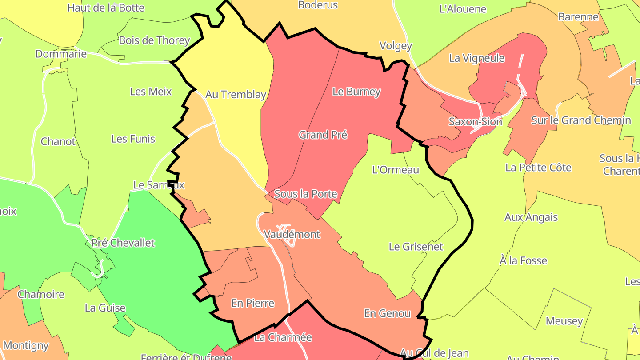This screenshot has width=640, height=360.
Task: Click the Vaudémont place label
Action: (292, 234)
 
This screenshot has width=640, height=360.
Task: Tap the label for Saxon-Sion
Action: (475, 121)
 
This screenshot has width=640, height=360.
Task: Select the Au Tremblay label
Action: (236, 95)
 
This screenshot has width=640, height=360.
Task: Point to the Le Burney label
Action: (356, 92)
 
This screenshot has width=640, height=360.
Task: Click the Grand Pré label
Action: (323, 135)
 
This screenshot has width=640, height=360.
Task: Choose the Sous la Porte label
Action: (306, 194)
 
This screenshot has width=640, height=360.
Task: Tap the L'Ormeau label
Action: (395, 170)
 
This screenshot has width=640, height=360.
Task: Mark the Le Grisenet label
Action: (416, 246)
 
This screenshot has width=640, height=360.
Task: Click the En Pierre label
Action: (252, 303)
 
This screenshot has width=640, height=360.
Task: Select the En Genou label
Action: (387, 313)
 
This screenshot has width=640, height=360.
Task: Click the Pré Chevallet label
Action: (123, 243)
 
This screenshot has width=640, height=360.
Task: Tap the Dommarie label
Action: (61, 54)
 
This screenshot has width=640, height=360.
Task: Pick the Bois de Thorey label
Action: (154, 40)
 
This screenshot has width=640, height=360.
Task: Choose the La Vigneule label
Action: (477, 58)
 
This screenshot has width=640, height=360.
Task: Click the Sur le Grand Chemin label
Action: (581, 120)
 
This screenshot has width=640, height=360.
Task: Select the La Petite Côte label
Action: (538, 168)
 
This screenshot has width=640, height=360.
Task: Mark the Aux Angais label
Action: (531, 217)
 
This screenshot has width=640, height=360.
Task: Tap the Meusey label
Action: (564, 321)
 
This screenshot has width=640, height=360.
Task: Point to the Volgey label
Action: (396, 46)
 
